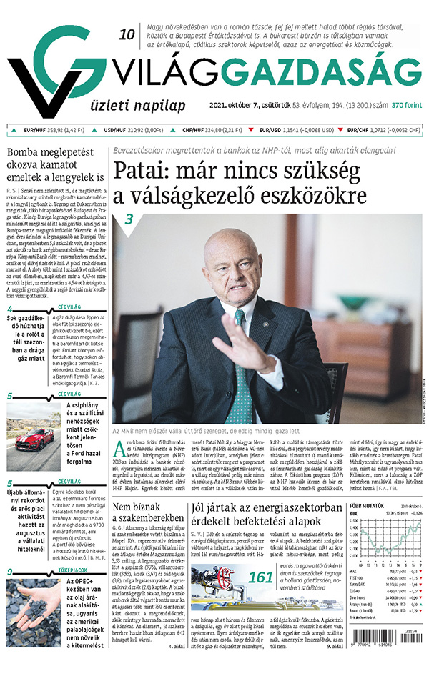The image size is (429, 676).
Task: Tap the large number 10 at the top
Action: click(127, 34)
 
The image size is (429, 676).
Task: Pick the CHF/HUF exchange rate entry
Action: click(214, 130)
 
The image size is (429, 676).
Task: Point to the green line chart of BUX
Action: click(388, 543)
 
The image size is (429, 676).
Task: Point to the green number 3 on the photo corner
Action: click(130, 219)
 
